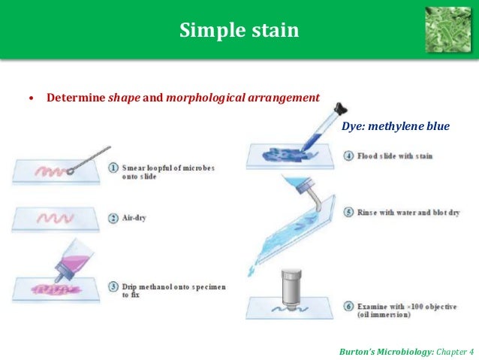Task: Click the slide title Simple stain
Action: click(x=239, y=31)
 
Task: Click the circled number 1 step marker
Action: click(x=113, y=168)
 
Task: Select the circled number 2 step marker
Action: click(x=113, y=218)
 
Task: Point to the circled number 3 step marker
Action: click(x=113, y=287)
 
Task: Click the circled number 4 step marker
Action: click(x=349, y=156)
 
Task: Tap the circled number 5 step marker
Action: click(x=349, y=212)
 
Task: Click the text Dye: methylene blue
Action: click(x=395, y=126)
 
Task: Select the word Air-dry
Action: click(x=136, y=218)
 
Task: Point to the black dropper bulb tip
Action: click(x=341, y=108)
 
